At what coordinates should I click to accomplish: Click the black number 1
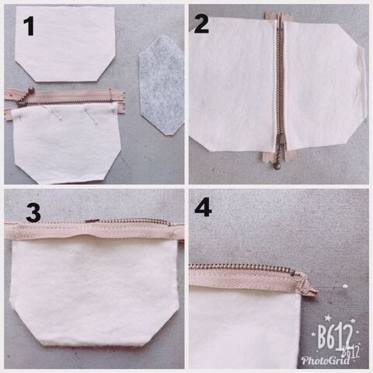coord(30,26)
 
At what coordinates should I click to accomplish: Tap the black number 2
coord(201,24)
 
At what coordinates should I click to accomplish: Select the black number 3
coord(33,213)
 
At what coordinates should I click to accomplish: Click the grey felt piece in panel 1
coord(162,85)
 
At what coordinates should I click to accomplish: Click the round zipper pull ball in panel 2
coord(277,166)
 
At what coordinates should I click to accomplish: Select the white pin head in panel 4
coord(344,286)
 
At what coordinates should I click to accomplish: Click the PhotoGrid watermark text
coord(326,360)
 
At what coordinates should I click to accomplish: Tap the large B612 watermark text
coord(335,336)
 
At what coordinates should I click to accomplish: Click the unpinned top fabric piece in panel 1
coord(65,44)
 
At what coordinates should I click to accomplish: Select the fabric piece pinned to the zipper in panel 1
coord(67,144)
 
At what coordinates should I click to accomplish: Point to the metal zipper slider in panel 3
coord(92,221)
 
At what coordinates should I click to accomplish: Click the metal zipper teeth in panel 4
coord(242,268)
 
